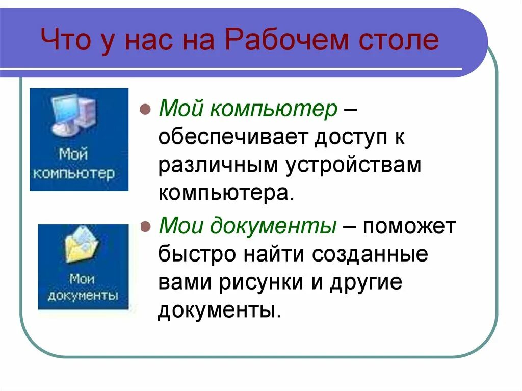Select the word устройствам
tap(353, 166)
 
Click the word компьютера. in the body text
tap(226, 194)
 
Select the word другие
tap(366, 282)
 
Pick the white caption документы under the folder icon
tap(83, 296)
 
